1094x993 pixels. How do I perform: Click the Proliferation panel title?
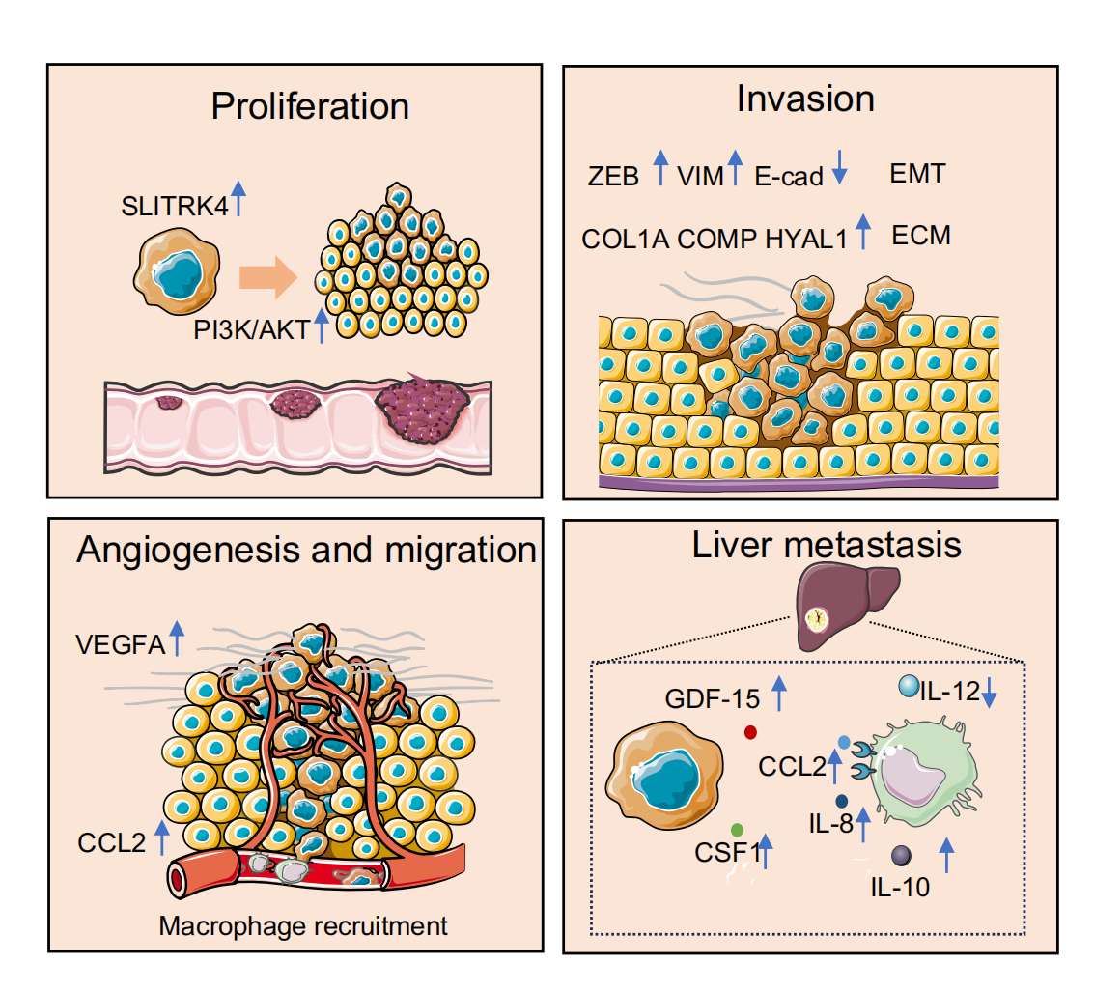tap(310, 106)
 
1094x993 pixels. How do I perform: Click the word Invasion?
tap(804, 99)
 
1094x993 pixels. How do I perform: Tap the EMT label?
tap(916, 175)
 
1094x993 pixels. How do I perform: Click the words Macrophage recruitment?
tap(303, 926)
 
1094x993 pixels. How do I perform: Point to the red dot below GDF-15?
tap(750, 732)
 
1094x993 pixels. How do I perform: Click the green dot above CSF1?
tap(738, 829)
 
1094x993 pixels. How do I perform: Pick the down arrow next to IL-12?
tap(992, 693)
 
